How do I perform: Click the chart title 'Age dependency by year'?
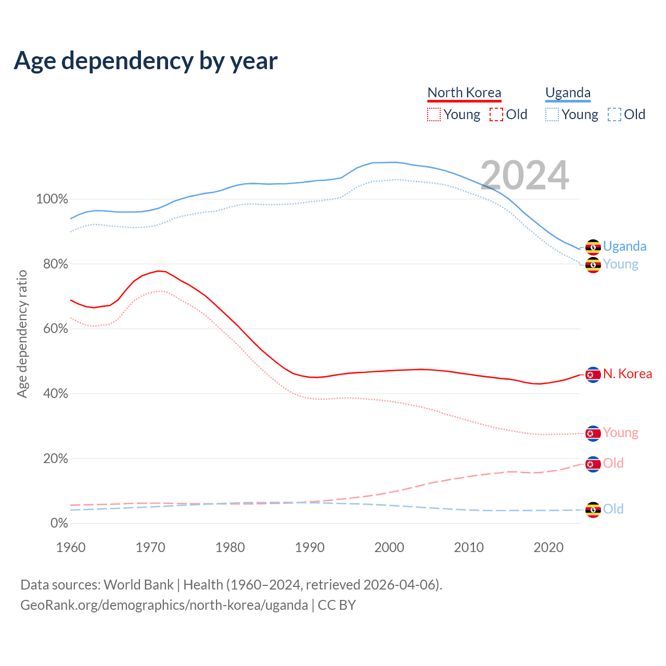[146, 61]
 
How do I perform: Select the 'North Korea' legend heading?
[464, 93]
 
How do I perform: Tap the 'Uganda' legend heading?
[568, 93]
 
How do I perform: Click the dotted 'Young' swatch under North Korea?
[433, 114]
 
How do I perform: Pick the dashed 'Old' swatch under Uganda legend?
[614, 114]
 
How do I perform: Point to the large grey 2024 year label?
[524, 175]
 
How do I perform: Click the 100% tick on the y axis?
[52, 199]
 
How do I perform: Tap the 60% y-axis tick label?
[55, 329]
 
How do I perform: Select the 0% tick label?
[59, 523]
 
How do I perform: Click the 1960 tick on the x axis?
[71, 547]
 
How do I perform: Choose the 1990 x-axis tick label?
[310, 547]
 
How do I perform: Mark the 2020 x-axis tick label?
[548, 547]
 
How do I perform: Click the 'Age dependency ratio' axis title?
[22, 334]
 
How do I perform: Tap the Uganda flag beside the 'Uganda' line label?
[593, 247]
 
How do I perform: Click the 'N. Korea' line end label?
[627, 374]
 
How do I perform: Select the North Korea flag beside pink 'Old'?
[593, 464]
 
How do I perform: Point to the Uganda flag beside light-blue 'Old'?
[593, 509]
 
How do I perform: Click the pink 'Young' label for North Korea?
[620, 433]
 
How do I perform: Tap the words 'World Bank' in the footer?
[138, 585]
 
